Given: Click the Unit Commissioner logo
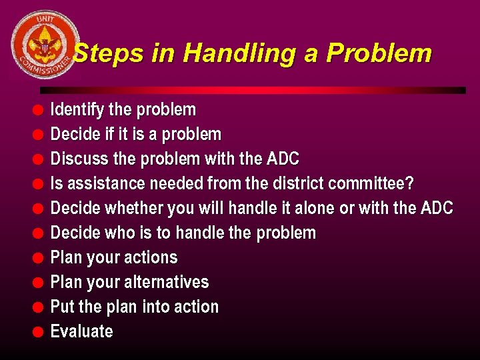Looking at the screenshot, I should pyautogui.click(x=45, y=45).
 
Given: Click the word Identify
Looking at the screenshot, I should pyautogui.click(x=75, y=109).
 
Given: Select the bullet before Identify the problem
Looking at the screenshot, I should pyautogui.click(x=39, y=109).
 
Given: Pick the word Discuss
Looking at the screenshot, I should pyautogui.click(x=77, y=159).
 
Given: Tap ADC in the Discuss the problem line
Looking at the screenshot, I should pyautogui.click(x=283, y=159).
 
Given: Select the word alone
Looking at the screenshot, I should pyautogui.click(x=312, y=208).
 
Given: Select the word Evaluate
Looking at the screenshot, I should pyautogui.click(x=81, y=331).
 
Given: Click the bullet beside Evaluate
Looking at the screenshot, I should pyautogui.click(x=39, y=331).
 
